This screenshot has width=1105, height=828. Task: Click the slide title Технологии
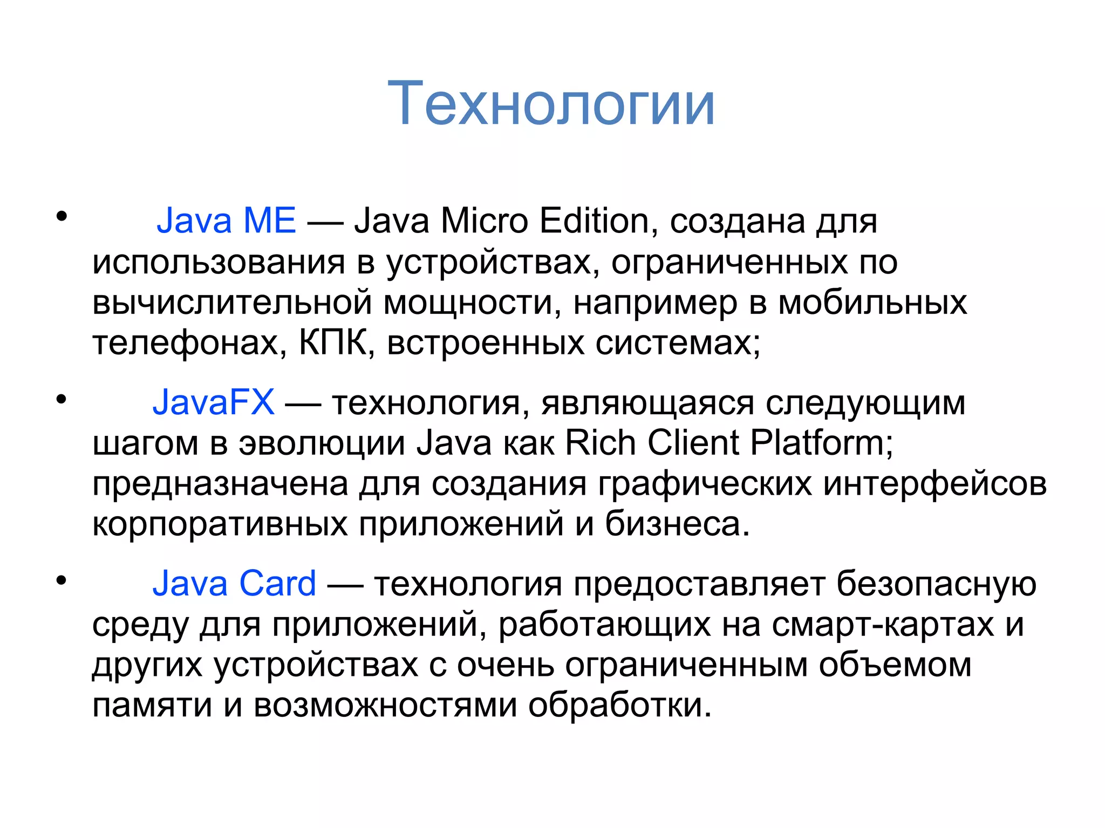click(x=551, y=104)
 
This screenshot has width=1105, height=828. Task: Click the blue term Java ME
click(x=226, y=221)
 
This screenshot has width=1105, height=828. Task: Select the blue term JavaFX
click(x=214, y=402)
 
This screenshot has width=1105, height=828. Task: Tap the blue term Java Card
click(x=234, y=584)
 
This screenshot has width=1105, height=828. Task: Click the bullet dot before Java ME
click(x=62, y=217)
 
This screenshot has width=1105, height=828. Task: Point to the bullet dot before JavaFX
click(x=62, y=399)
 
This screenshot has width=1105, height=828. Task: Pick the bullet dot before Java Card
click(x=62, y=580)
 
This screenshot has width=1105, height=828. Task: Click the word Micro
click(x=484, y=221)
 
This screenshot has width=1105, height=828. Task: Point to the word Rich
click(x=600, y=443)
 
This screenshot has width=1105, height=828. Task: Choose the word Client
click(x=693, y=443)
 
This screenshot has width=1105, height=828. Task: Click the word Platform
click(x=821, y=443)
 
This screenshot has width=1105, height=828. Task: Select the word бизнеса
click(x=677, y=524)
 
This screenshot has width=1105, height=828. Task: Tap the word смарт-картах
click(x=883, y=625)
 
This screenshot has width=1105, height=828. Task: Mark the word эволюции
click(x=322, y=443)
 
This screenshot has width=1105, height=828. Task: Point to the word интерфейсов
click(x=935, y=484)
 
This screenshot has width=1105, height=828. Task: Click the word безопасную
click(x=936, y=584)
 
